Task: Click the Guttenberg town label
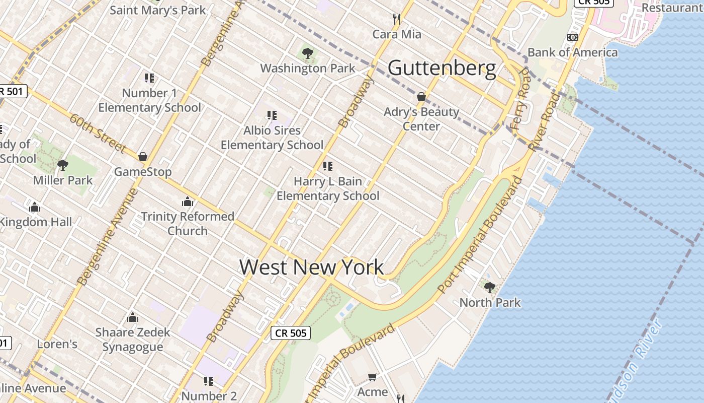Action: pos(442,68)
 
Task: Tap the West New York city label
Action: pos(311,267)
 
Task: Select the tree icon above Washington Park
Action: pos(307,53)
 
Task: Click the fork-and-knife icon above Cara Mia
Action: pos(397,20)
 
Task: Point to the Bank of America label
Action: pos(572,52)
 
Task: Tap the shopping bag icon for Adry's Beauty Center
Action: pos(421,97)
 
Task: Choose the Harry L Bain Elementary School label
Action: pos(328,188)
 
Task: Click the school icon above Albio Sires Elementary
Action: pos(272,115)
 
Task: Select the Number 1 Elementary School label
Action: pos(149,100)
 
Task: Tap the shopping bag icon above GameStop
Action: pos(143,157)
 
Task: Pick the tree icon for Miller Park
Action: pos(63,165)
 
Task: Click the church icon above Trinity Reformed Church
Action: pos(188,202)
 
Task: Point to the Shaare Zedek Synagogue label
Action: pos(133,340)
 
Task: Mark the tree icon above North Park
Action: pos(489,287)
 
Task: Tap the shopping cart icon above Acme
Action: pos(372,377)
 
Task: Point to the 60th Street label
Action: pos(97,133)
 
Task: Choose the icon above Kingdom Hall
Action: pos(35,207)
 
